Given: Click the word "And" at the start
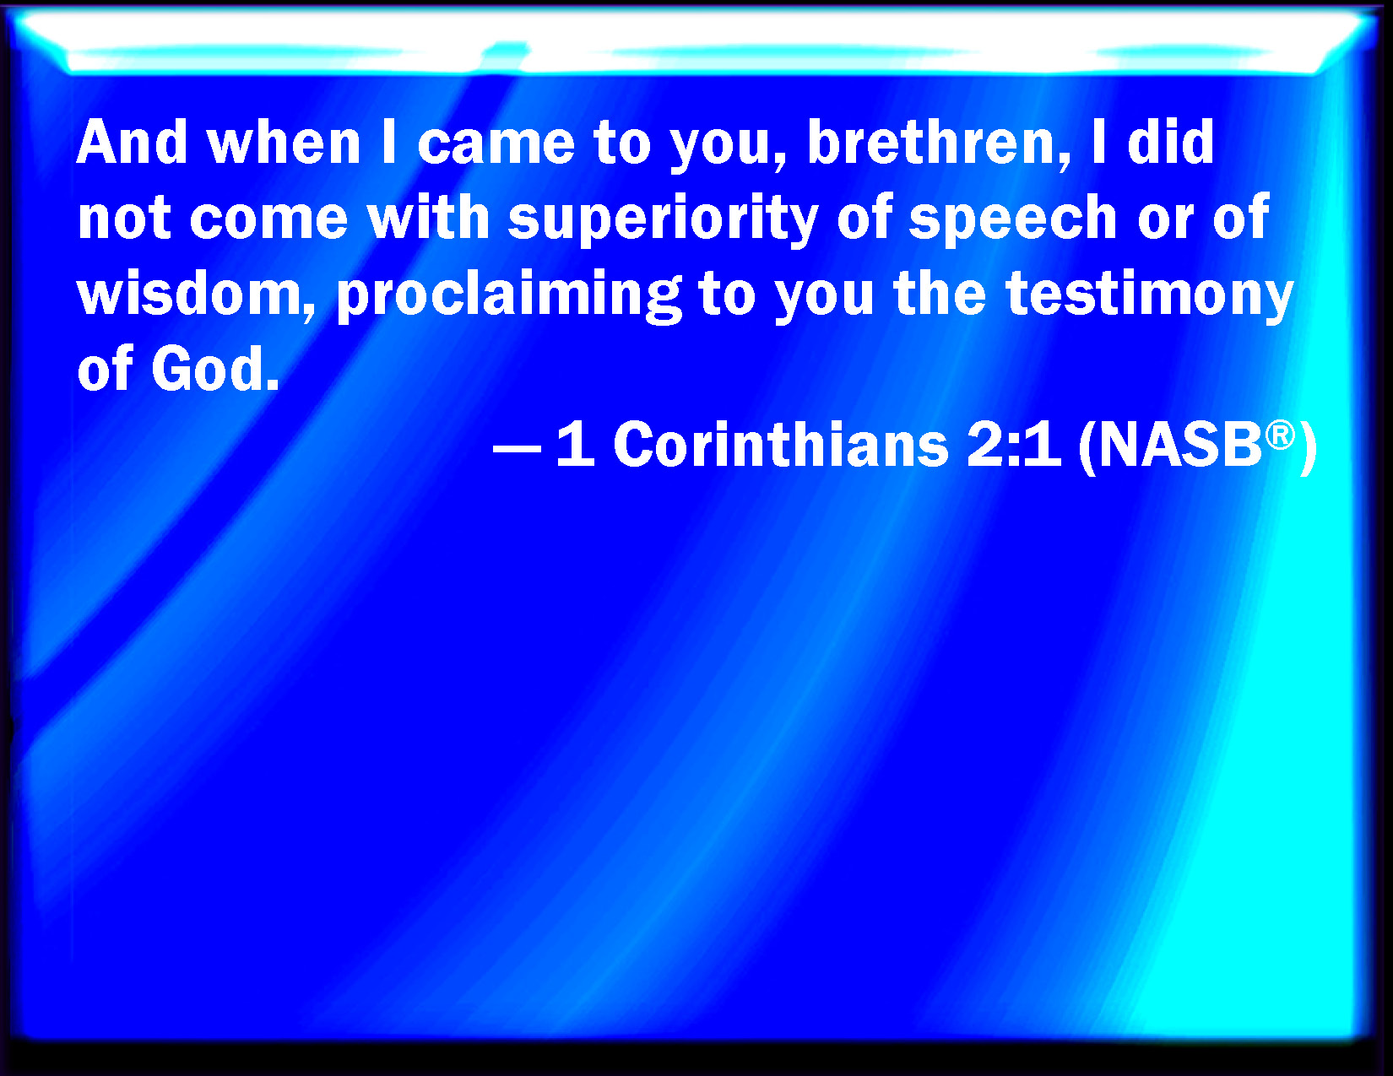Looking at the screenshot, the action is point(132,142).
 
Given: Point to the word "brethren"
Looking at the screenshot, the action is point(931,142).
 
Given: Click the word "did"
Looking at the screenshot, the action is point(1170,142).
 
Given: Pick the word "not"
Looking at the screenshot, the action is point(124,219).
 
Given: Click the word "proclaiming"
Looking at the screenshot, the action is point(509,297).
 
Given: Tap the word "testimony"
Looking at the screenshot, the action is point(1149,297).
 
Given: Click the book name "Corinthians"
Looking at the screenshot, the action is point(781,444).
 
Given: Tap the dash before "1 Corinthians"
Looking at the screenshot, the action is point(517,449).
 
